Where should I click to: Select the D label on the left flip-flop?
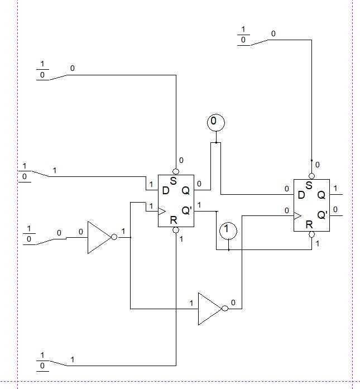(x=165, y=190)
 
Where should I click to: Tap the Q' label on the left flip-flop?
(x=187, y=211)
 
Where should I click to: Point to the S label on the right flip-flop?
(x=308, y=185)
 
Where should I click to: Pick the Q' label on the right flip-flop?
(x=322, y=215)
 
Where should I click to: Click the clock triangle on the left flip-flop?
(x=162, y=211)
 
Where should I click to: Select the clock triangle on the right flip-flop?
(x=297, y=215)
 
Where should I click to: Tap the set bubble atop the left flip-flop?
(x=176, y=171)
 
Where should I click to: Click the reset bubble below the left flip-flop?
(x=176, y=230)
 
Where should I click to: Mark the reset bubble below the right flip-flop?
(x=311, y=234)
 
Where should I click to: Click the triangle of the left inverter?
(x=98, y=238)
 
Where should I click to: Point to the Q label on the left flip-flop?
(x=186, y=190)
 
